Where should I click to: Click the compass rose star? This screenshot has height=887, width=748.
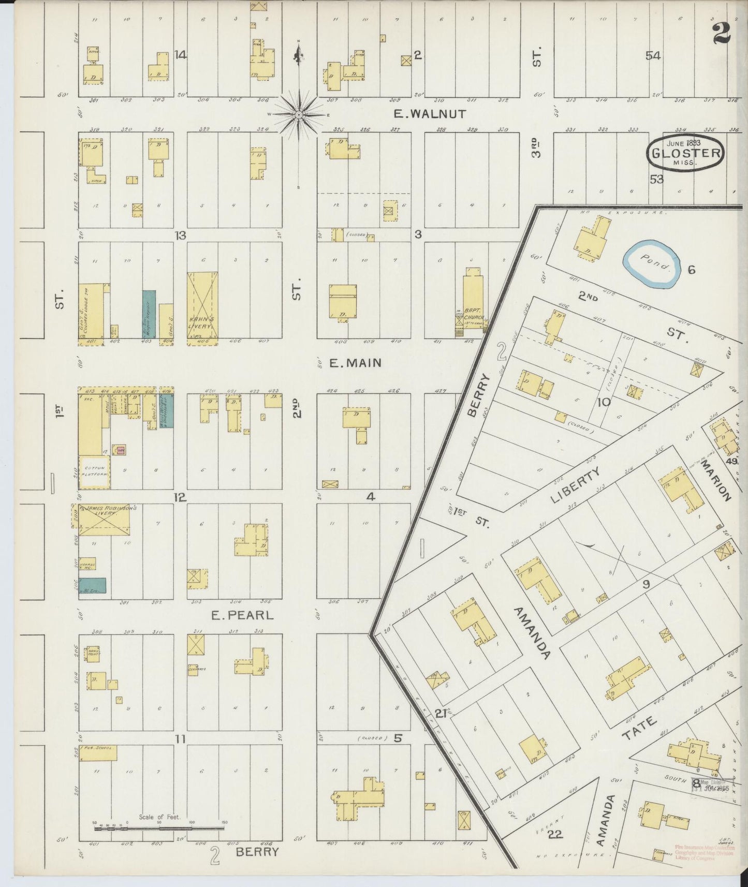coord(299,114)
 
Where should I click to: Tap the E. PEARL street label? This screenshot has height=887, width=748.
coord(242,616)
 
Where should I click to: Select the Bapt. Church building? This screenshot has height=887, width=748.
coord(473,305)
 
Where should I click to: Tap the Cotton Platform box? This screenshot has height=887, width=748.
coord(94,471)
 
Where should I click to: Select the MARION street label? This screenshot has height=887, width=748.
coord(716,481)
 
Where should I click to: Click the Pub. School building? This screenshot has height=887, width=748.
coord(98,752)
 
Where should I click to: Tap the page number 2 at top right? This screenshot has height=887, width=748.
coord(721,34)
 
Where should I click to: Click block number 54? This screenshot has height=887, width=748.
coord(653,56)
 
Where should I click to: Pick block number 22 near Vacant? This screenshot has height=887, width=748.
coord(555,834)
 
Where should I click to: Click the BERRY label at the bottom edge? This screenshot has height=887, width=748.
coord(257,852)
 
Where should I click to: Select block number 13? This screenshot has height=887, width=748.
coord(180,235)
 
